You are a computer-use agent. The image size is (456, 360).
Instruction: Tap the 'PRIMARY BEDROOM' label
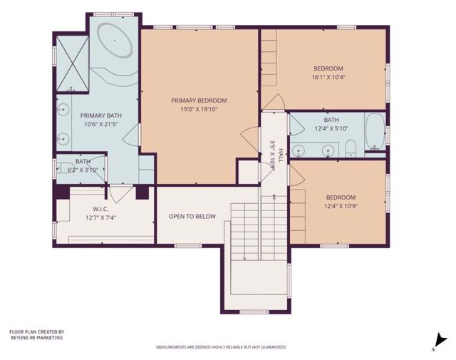(199, 101)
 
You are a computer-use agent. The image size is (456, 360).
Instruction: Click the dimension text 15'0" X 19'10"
(199, 110)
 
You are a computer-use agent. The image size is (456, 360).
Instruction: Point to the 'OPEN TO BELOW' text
(192, 216)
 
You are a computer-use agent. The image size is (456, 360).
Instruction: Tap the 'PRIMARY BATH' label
(100, 115)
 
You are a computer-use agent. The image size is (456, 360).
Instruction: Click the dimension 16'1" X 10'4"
(328, 77)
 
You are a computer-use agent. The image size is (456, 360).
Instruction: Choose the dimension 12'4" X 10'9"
(341, 207)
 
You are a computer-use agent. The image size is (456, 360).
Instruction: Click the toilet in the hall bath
(350, 148)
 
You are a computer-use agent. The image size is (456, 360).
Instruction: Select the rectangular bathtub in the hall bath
(375, 133)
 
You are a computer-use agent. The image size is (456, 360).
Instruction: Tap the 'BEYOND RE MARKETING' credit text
(36, 338)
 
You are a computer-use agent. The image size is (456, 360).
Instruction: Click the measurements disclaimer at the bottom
(221, 347)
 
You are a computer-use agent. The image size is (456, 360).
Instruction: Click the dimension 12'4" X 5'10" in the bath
(332, 128)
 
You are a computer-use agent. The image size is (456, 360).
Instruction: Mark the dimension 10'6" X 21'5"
(100, 124)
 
